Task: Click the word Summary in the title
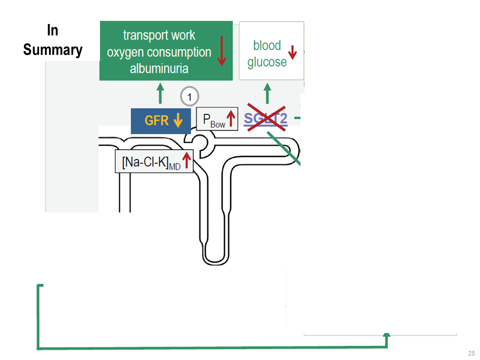tap(52, 50)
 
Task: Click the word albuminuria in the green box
tap(159, 68)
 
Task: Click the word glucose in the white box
tap(267, 62)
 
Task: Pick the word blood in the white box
tap(267, 46)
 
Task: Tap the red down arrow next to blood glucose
tap(293, 52)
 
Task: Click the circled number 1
tap(189, 96)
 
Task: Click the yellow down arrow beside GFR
tap(177, 120)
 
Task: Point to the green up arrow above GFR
tap(160, 93)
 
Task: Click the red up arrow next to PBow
tap(231, 119)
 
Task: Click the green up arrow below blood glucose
tap(267, 93)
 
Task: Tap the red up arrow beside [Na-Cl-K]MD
tap(186, 161)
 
